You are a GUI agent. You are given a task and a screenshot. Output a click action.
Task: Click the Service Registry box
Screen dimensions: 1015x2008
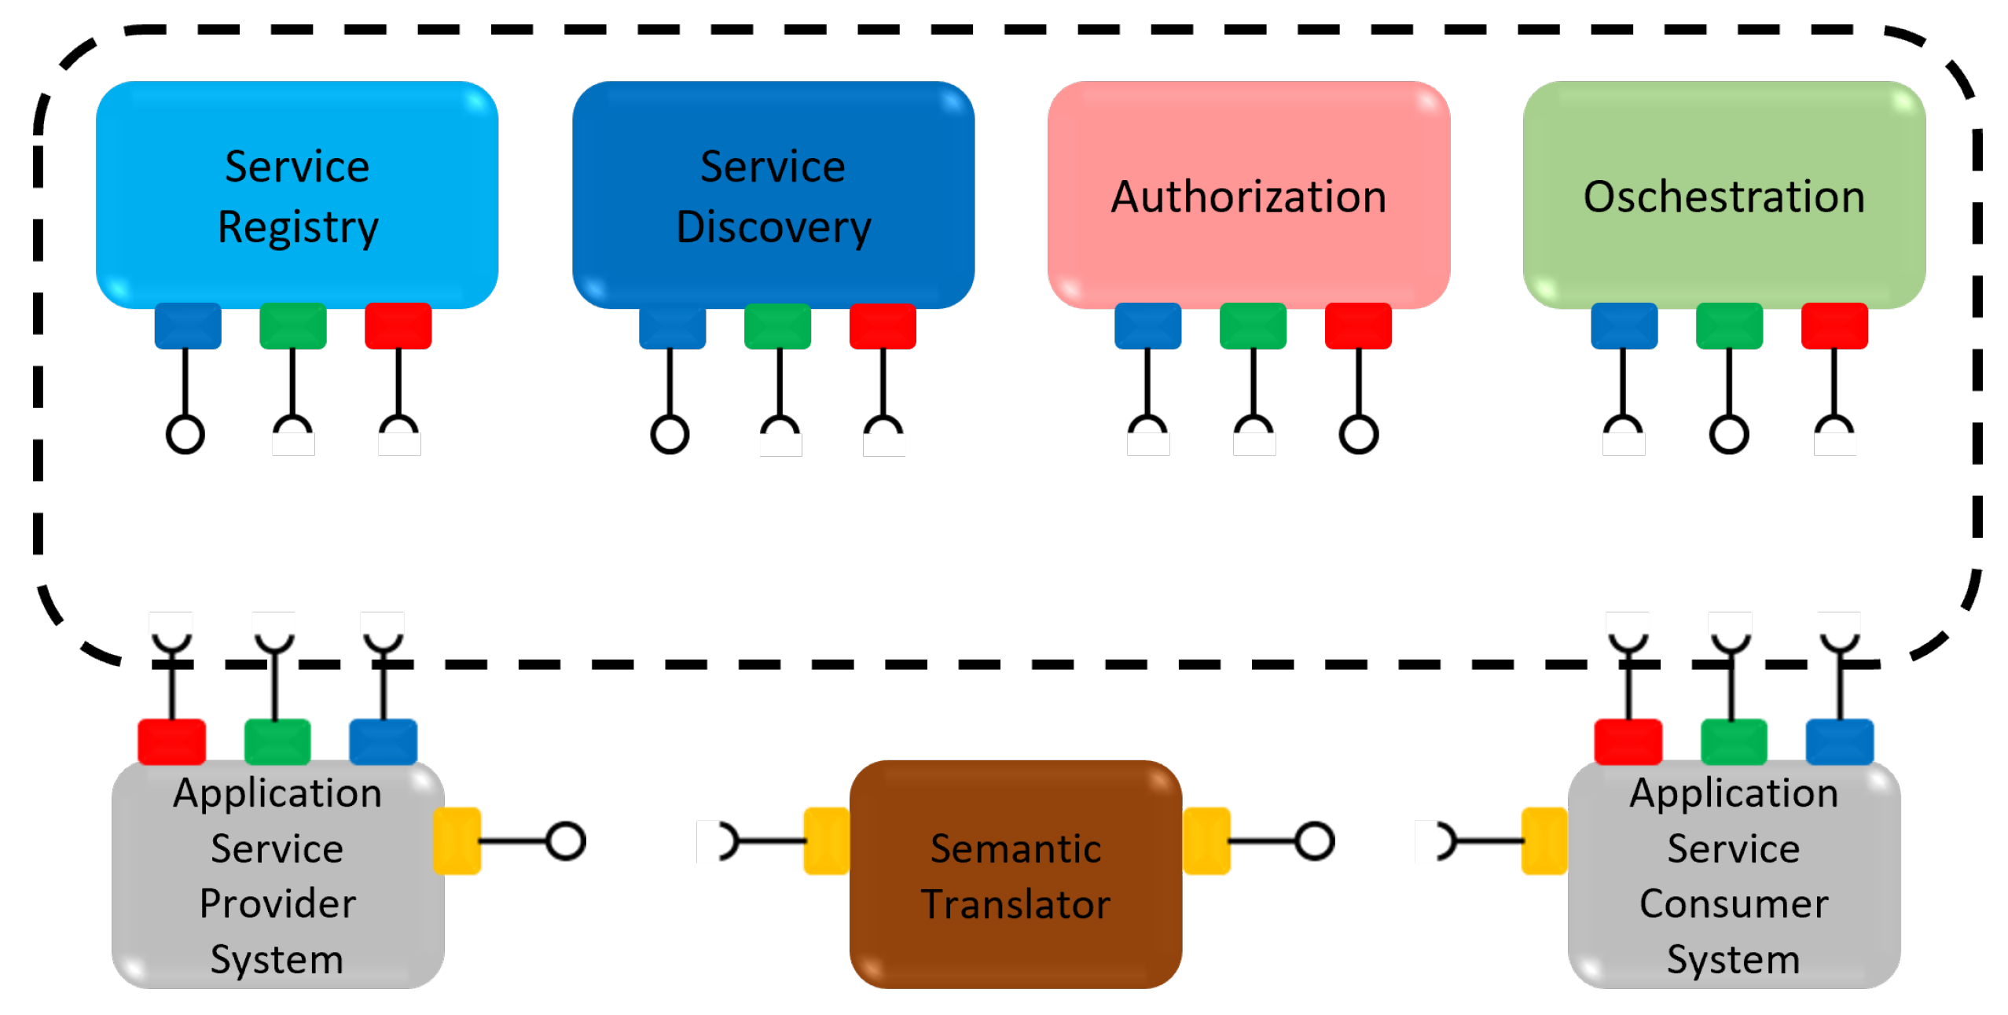(296, 194)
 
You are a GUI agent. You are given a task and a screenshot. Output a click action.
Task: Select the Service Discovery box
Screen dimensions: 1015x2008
(773, 194)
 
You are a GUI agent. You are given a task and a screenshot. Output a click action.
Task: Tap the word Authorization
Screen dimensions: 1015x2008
(1248, 197)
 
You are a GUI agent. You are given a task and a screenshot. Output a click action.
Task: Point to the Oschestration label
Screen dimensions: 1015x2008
(1724, 197)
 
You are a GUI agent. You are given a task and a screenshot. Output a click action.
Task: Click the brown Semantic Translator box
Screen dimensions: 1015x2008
(1015, 874)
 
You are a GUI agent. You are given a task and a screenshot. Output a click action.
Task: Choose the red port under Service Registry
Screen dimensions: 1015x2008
(398, 325)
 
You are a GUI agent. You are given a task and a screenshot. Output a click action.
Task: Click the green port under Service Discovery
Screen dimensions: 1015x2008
(777, 325)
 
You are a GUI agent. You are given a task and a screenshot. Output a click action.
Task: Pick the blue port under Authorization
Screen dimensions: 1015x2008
(1147, 325)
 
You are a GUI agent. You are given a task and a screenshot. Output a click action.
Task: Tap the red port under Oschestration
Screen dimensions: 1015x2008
(1834, 325)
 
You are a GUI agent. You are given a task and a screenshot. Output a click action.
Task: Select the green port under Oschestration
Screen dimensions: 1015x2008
(1728, 325)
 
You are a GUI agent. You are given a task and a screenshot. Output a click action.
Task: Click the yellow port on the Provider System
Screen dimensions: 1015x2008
(457, 840)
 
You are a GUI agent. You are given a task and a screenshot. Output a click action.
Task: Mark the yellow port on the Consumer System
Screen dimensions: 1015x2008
(1544, 840)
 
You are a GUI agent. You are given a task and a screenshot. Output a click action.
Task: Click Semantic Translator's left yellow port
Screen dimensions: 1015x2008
(826, 840)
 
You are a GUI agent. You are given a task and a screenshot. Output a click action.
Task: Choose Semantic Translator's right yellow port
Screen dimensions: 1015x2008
(1206, 840)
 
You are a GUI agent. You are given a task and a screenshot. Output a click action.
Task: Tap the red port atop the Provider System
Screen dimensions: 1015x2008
(171, 741)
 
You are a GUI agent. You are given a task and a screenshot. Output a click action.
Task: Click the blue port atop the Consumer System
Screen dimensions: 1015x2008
(1839, 741)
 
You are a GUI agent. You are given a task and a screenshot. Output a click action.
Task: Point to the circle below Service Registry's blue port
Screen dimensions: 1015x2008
(185, 434)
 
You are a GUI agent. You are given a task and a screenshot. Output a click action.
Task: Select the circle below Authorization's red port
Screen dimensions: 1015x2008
(1358, 434)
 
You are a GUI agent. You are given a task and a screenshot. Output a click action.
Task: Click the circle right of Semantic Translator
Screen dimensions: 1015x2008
(1314, 840)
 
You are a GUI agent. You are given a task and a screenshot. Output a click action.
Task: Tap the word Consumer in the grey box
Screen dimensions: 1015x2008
(1734, 903)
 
